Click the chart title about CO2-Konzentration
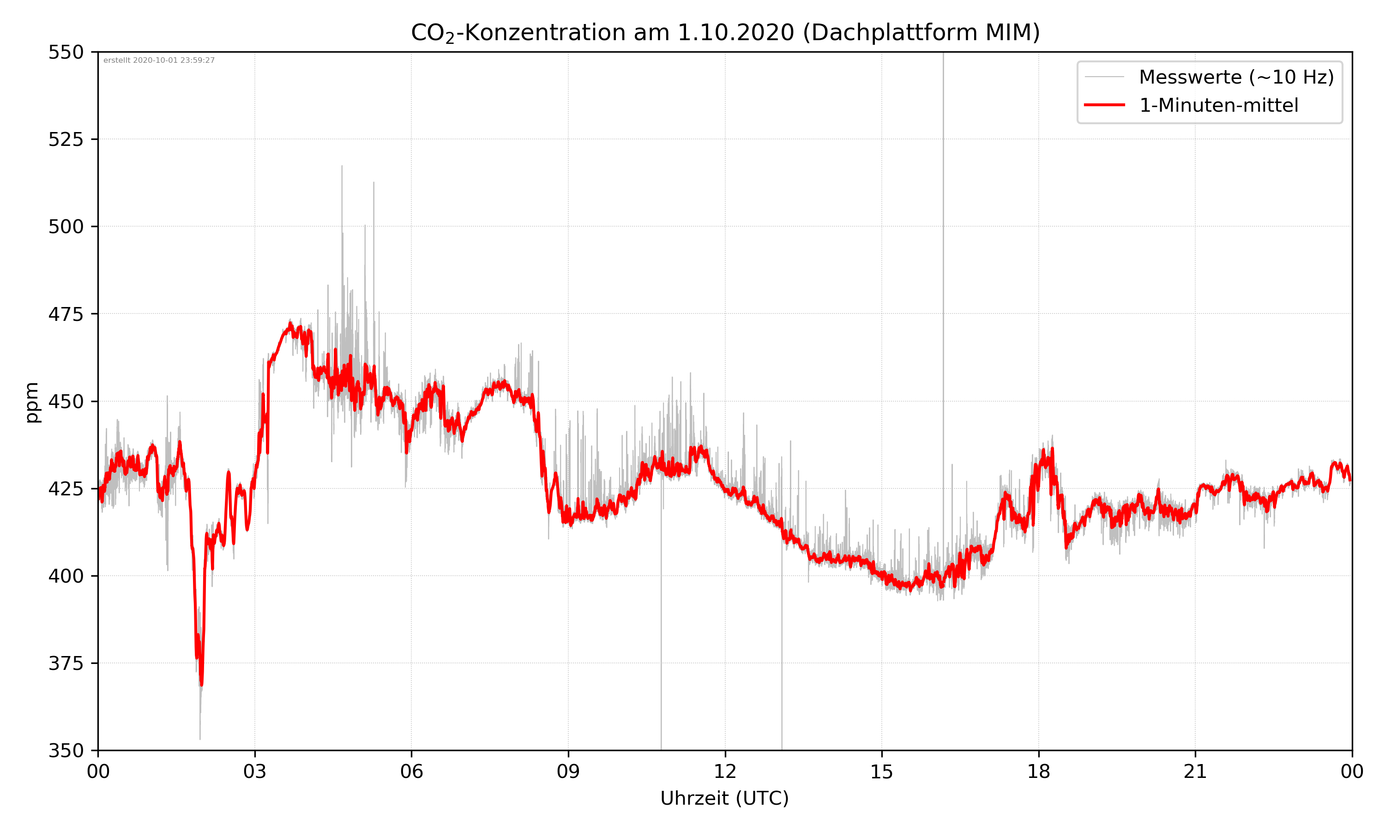coord(725,32)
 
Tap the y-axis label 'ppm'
coord(32,402)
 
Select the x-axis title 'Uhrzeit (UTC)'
coord(724,798)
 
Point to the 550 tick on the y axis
coord(66,52)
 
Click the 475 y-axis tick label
coord(66,314)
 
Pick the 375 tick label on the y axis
coord(66,663)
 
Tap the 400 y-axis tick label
coord(66,576)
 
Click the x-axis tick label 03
coord(255,771)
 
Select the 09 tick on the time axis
coord(568,771)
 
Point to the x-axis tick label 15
coord(882,771)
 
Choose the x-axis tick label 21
coord(1195,771)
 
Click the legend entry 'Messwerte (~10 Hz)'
coord(1236,77)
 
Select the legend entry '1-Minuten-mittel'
coord(1218,105)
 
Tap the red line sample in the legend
coord(1104,105)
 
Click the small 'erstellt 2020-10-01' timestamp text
coord(159,60)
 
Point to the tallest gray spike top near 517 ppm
coord(342,166)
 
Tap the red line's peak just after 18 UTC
coord(1053,449)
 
